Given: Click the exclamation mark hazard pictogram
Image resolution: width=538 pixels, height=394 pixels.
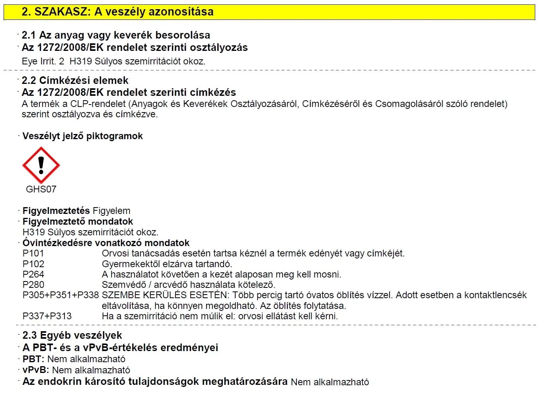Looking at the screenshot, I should tap(41, 165).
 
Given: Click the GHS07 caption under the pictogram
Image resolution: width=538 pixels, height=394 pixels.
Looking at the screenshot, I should tap(41, 189).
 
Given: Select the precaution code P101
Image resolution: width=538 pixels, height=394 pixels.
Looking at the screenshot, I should tap(33, 253).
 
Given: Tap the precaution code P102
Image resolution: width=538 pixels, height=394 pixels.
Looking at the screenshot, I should tap(33, 264).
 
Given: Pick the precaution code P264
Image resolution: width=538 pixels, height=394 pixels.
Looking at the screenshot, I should tap(33, 274).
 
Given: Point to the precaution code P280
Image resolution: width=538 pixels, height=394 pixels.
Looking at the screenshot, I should tap(33, 285).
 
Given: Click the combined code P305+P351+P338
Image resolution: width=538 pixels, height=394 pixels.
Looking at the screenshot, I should tap(60, 295).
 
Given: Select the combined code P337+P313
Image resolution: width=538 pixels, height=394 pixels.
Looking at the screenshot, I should tap(47, 316).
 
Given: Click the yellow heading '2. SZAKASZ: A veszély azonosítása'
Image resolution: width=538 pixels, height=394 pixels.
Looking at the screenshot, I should tap(117, 12).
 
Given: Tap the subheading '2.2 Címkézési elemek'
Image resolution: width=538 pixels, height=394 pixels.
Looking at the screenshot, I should tap(75, 80).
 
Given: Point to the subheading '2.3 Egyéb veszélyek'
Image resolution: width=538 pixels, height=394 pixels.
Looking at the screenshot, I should tap(72, 335).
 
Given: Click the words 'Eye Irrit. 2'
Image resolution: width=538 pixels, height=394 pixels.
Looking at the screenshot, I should tap(43, 61).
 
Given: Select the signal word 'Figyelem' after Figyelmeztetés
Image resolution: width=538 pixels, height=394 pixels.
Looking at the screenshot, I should tap(111, 211).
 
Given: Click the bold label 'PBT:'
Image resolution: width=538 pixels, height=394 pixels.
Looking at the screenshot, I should tap(33, 359).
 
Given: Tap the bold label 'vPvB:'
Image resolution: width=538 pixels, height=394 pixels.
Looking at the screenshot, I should tap(36, 370).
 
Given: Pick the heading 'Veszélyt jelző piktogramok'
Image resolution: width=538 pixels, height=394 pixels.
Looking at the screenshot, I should tap(82, 136).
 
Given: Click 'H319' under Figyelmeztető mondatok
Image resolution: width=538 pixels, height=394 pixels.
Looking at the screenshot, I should tap(34, 232).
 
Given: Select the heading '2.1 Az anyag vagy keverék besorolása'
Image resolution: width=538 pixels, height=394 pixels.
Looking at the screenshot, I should tap(116, 35).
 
